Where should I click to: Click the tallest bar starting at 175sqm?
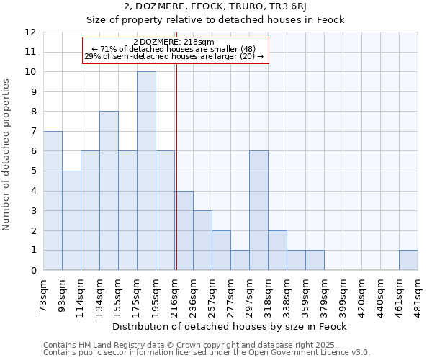pos(146,171)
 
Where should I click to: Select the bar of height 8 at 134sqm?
pos(109,191)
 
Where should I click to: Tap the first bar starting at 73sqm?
pos(53,200)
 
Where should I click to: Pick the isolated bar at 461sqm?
pos(408,260)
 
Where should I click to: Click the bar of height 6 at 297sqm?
pos(258,210)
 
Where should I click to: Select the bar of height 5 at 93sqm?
pos(71,220)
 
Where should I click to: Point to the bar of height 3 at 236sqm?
pos(202,240)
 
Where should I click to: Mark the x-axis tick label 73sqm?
pos(44,293)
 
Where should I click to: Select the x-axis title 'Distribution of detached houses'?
pos(230,327)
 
